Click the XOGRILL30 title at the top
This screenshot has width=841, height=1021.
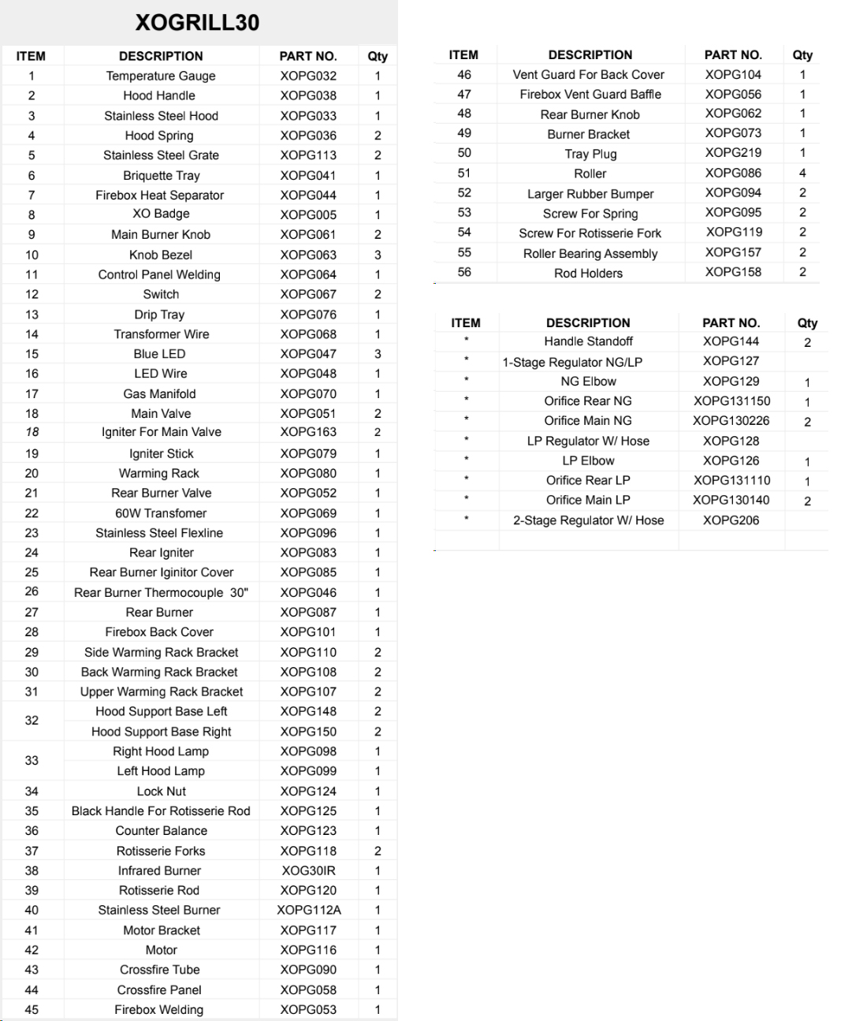pos(197,22)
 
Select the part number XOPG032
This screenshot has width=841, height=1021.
pos(308,76)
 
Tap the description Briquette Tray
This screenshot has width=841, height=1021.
pos(161,175)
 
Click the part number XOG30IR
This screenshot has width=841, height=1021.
pos(308,870)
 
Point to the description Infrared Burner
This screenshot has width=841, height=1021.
pos(159,870)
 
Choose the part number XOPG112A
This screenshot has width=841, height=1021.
pos(308,910)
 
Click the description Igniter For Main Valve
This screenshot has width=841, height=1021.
pos(161,432)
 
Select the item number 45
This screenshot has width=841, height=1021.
pos(32,1009)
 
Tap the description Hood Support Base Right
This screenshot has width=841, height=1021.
pos(161,732)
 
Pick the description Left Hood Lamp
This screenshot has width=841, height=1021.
pos(161,771)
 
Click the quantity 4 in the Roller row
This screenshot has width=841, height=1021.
pos(802,173)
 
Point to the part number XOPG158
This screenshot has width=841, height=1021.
pos(733,272)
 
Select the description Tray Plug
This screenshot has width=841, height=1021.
pos(590,154)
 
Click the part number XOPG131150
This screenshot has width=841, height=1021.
pos(731,401)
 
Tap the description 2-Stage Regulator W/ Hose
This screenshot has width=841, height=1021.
pos(588,520)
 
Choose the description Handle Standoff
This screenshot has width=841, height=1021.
pos(588,341)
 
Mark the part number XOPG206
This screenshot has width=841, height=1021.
pos(731,520)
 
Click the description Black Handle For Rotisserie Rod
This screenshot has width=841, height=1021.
pos(161,810)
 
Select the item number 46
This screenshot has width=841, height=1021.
pos(464,74)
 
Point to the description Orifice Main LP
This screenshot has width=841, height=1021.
pos(588,500)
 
